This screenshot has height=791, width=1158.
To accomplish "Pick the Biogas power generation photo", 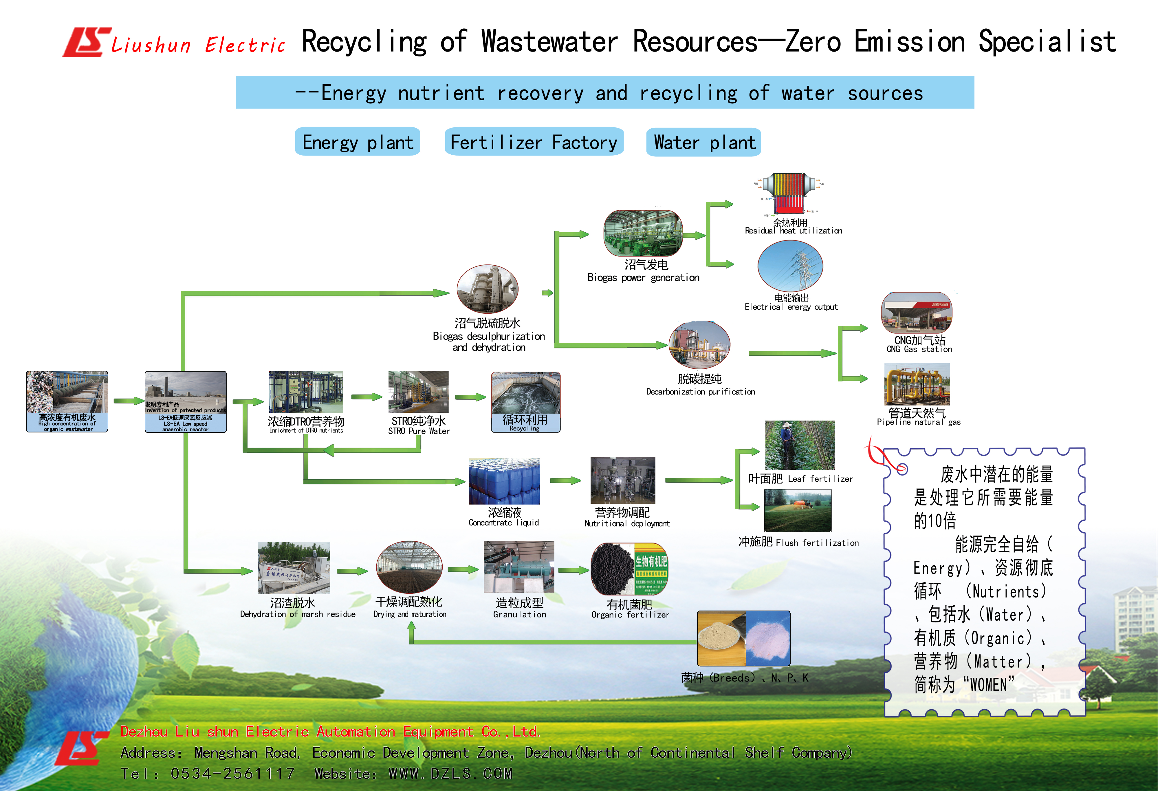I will tap(643, 233).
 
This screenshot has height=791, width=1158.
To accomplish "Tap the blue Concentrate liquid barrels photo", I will tap(504, 481).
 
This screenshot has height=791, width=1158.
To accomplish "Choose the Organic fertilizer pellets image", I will tap(629, 569).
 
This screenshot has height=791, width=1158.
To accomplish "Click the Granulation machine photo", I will tap(519, 567).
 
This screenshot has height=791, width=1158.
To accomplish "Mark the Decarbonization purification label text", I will tap(700, 392).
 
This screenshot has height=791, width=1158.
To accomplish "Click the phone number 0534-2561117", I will tap(233, 774).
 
